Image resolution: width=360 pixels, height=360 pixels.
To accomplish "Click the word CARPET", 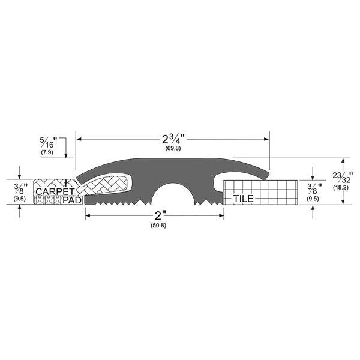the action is pos(55,191).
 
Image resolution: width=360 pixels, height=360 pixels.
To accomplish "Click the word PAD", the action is pos(72,200).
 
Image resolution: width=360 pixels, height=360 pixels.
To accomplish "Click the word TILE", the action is pos(244,199).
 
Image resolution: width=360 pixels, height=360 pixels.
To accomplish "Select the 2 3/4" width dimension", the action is pos(173,139).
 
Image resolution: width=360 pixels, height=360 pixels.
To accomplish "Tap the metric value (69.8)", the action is pos(173,148).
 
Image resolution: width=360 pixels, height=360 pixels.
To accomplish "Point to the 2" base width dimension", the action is pos(160,215).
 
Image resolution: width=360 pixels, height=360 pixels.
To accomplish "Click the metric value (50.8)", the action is pos(158,226).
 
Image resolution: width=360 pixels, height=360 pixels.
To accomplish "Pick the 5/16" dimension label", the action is pos(49,142).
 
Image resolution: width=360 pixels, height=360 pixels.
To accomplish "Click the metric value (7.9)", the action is pos(47,152).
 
